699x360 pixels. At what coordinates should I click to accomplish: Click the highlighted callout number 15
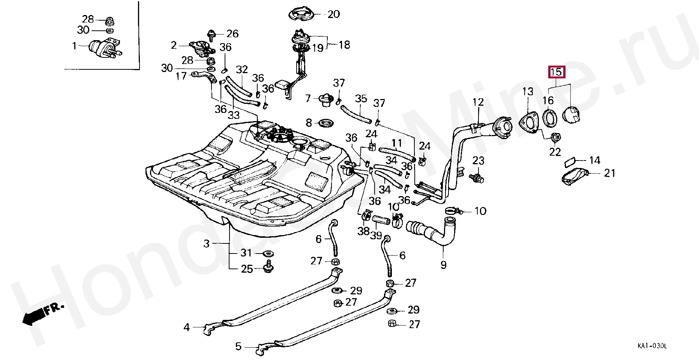coord(556,72)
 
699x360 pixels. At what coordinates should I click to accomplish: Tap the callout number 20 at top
coord(333,15)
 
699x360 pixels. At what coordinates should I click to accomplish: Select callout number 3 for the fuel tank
coord(206,244)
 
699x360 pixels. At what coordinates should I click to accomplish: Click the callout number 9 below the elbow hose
coord(444,265)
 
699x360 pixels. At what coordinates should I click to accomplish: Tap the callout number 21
coord(610,173)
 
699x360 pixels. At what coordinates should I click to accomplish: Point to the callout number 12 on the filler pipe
coord(478,102)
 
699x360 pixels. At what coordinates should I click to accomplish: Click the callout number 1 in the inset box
coord(74,46)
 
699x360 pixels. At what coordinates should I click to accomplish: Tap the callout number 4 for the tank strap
coord(187,327)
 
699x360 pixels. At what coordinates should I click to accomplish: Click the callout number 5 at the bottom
coord(238,346)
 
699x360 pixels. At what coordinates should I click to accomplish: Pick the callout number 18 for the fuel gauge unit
coord(344,45)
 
